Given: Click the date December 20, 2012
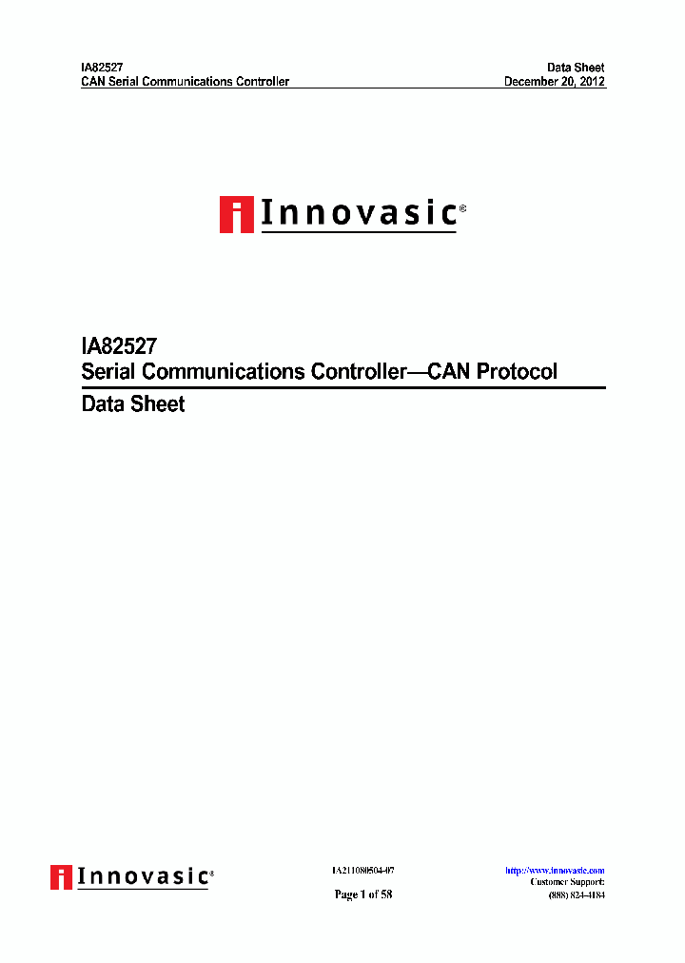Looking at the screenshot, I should click(554, 82).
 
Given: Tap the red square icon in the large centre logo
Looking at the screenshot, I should click(236, 214).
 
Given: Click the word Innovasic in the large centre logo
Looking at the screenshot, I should click(358, 213).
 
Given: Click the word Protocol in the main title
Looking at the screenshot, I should click(517, 371).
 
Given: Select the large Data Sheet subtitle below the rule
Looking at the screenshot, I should click(133, 403).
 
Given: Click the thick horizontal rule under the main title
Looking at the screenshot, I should click(342, 387).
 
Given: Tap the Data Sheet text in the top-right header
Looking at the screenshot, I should click(576, 68).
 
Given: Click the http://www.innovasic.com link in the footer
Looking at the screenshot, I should click(555, 871).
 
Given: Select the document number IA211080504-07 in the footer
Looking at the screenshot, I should click(362, 871).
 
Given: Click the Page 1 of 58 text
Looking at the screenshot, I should click(362, 894).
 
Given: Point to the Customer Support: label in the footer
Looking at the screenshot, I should click(567, 882).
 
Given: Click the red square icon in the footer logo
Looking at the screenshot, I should click(62, 876).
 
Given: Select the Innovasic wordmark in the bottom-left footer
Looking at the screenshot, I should click(144, 875).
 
